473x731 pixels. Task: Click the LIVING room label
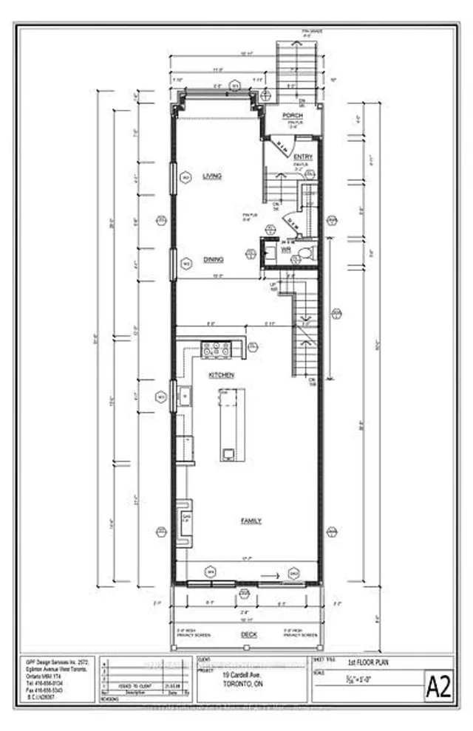[x=213, y=176]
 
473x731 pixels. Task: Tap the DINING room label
[x=214, y=259]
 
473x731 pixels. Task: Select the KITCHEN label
[x=221, y=375]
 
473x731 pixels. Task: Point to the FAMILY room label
[x=251, y=521]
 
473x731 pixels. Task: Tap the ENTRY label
[x=303, y=157]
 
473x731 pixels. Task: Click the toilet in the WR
[x=304, y=253]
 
